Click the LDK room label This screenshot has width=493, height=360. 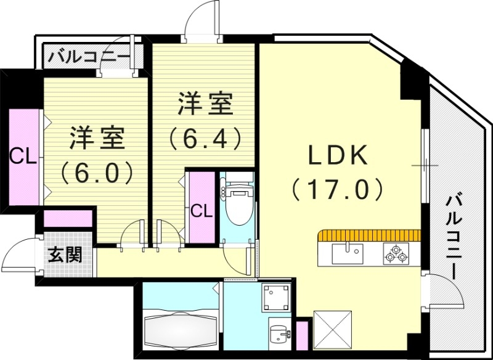[x=338, y=155]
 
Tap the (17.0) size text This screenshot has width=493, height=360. [x=338, y=189]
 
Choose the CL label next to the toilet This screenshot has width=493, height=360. [x=201, y=210]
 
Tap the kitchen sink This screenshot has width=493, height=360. [x=348, y=252]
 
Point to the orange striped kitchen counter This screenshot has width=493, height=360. [x=370, y=235]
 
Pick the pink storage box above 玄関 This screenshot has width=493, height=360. [x=68, y=219]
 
